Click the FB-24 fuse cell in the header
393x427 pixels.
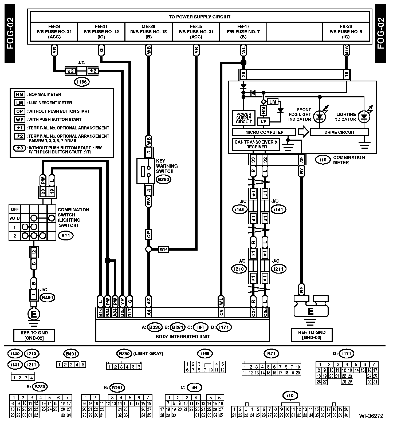coord(54,31)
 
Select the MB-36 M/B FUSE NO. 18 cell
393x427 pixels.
coord(149,31)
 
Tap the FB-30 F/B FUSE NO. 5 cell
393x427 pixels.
coord(346,31)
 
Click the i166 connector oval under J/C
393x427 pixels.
coord(82,82)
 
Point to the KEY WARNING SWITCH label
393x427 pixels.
coord(167,166)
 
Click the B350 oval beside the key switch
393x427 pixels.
coord(163,180)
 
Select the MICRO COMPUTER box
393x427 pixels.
coord(264,132)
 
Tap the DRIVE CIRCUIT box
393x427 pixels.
coord(339,132)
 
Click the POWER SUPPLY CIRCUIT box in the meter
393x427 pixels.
coord(244,118)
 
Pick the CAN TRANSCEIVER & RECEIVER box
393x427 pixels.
coord(256,144)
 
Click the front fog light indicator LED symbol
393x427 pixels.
coord(319,117)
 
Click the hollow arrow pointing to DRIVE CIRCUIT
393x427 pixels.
coord(304,132)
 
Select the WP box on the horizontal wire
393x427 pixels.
coord(163,249)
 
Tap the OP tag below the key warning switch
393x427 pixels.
coord(149,234)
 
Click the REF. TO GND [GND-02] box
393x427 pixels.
coord(34,335)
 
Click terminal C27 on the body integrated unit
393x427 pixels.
coord(253,312)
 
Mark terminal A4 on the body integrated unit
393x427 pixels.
coord(149,312)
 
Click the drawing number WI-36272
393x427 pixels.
coord(371,416)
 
